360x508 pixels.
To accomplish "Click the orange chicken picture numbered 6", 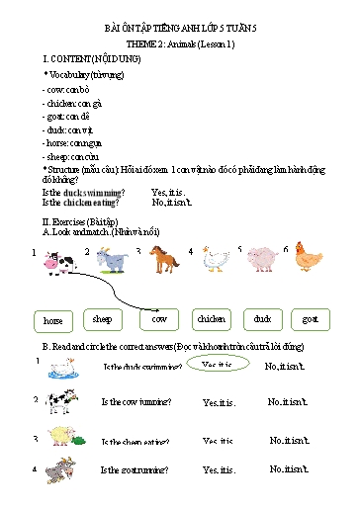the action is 309,261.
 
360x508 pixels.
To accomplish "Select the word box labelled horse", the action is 53,321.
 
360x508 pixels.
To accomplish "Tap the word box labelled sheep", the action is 102,319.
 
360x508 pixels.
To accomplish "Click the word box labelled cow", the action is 158,319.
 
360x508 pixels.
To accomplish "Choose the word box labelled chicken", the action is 211,319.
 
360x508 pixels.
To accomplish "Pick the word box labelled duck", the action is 262,319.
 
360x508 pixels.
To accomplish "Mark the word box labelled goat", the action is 311,319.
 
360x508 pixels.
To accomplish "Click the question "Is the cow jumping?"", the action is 135,402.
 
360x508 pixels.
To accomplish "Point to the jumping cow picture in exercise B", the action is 59,402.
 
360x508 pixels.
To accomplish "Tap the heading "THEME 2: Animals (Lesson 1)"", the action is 180,46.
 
